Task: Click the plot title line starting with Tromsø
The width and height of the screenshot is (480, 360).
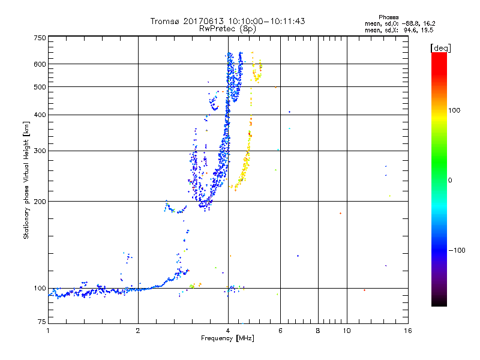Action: pos(227,21)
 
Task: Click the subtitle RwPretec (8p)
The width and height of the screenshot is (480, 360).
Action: pos(227,28)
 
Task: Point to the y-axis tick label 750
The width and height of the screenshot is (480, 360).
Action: pos(40,38)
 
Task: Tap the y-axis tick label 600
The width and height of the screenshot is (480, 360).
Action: pos(40,64)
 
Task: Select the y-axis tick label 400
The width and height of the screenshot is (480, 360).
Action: pos(40,115)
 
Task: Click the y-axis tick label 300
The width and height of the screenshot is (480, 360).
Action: pos(40,151)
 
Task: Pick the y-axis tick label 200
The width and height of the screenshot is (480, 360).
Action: pos(40,202)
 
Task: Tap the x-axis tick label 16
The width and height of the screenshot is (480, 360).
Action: pos(407,331)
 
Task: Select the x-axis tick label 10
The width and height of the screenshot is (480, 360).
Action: pos(346,331)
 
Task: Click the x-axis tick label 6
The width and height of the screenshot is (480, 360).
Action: pos(280,331)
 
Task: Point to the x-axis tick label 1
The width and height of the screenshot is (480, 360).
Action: pos(48,331)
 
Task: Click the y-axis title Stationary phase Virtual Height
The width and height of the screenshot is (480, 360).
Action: pos(26,180)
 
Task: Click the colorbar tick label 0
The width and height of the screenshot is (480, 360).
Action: pos(451,180)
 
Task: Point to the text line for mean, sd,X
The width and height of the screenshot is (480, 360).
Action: pos(399,29)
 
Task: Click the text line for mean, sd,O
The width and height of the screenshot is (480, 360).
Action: pos(399,23)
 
